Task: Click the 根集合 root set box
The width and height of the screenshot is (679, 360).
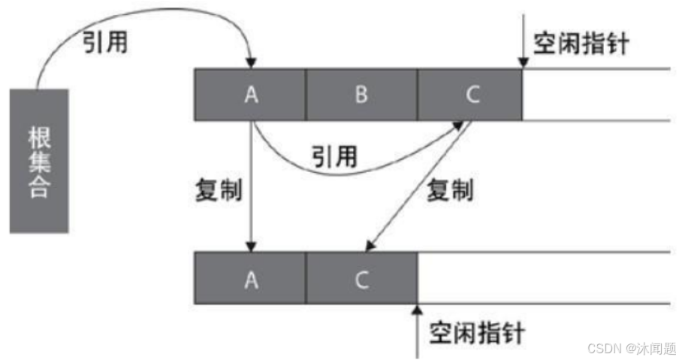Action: click(39, 161)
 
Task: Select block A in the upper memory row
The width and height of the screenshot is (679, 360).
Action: click(250, 95)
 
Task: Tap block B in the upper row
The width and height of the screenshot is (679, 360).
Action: click(361, 95)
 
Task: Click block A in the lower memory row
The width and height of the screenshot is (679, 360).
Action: click(250, 279)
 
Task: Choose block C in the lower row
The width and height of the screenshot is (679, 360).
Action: click(361, 279)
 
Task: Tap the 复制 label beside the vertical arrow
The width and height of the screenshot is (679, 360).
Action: click(217, 189)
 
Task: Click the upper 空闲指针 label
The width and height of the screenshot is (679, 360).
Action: click(581, 44)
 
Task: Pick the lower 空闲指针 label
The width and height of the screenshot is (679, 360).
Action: click(477, 331)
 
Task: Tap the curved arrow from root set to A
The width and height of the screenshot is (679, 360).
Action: click(135, 23)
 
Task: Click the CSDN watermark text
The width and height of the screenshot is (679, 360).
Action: click(632, 348)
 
